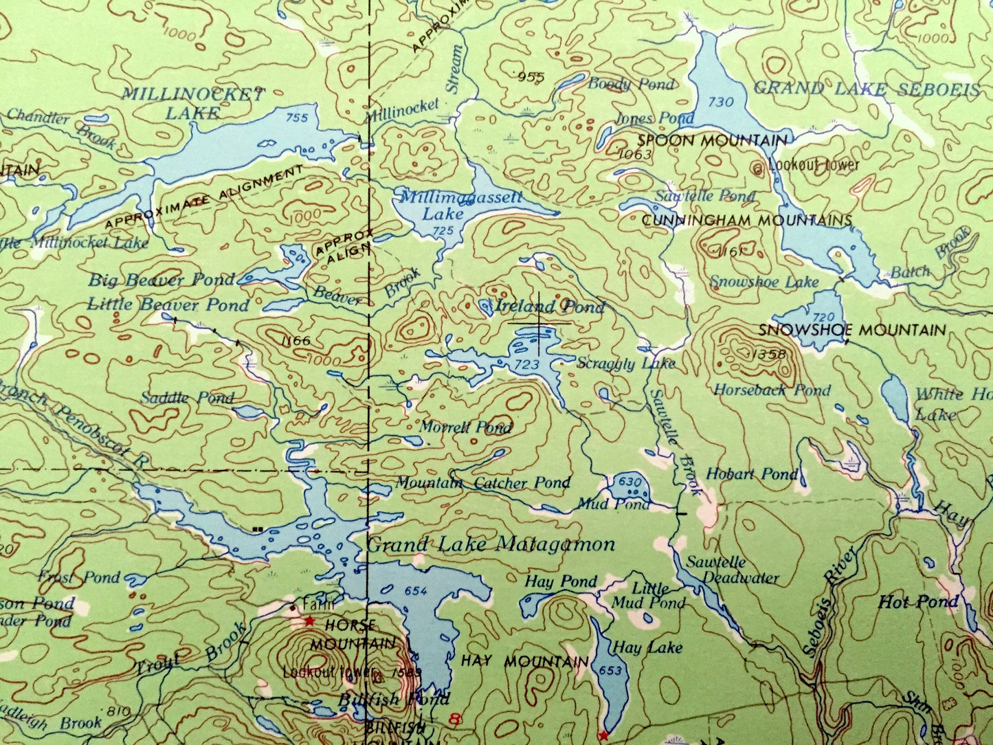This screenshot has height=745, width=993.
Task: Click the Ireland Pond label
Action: coord(550,307)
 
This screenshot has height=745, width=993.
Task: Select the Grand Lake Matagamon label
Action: coord(491,545)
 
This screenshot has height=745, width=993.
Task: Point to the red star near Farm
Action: coord(310,621)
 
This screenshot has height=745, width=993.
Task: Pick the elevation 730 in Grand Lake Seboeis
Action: coord(721,102)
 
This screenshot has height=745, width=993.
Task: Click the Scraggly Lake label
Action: coord(626,363)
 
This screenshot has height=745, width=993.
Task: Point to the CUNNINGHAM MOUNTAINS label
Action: coord(746,221)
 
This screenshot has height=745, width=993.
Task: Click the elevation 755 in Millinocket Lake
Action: coord(297,118)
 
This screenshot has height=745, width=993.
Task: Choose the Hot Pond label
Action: coord(918,603)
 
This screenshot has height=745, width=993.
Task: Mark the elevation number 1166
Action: coord(296,340)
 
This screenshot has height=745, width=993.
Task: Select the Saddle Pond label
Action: coord(187,397)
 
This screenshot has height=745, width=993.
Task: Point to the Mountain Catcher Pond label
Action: coord(482,483)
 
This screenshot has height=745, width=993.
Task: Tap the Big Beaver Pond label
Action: coord(161,280)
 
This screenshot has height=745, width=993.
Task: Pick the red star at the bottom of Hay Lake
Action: coord(603,736)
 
